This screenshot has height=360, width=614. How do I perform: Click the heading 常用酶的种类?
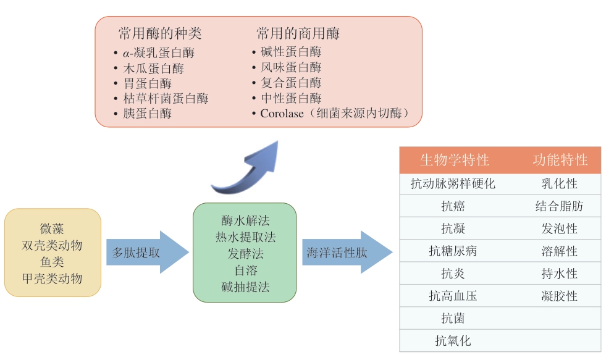pos(160,33)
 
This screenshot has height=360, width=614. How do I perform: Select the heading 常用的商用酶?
pos(298,33)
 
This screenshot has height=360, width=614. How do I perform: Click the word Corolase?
pos(282,114)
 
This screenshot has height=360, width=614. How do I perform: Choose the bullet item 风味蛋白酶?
pos(291,67)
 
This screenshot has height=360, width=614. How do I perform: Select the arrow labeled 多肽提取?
pos(146,253)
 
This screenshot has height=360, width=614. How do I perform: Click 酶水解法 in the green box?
pos(245,220)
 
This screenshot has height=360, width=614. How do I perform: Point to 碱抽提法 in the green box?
pos(245,287)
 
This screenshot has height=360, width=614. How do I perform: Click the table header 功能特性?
pos(560,161)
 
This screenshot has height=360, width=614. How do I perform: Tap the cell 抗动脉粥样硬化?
pos(453,184)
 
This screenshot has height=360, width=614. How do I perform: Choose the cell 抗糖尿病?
pos(453,251)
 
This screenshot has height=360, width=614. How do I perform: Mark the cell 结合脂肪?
pos(559,206)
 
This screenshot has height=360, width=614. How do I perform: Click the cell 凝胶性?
pos(559,296)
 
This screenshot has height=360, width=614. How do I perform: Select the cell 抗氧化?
pos(453,341)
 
